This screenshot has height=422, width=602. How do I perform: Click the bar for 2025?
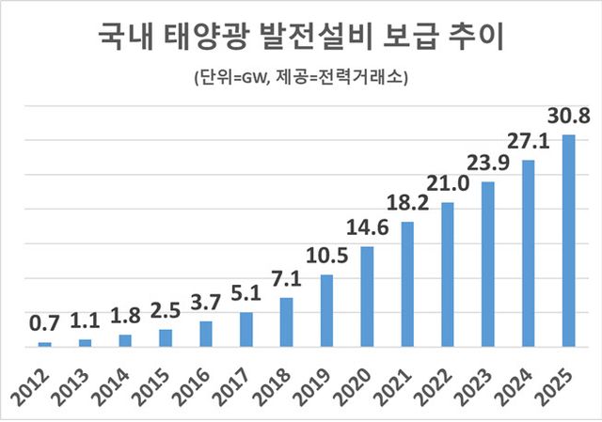tap(568, 241)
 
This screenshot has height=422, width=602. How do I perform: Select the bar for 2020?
tap(367, 296)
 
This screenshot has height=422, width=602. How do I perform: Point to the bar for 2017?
tap(246, 329)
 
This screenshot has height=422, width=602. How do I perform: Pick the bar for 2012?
tap(44, 344)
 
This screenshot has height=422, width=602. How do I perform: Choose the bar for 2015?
tap(166, 337)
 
